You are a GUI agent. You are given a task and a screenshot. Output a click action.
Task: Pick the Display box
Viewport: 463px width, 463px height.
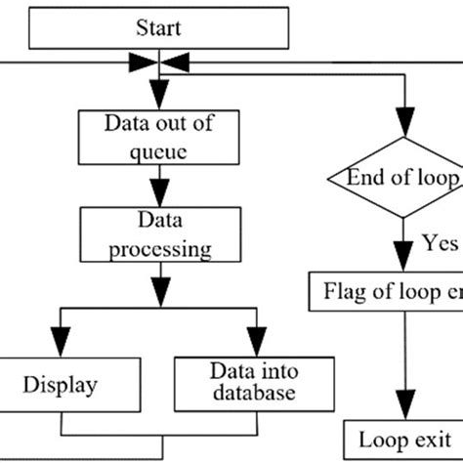pos(61,385)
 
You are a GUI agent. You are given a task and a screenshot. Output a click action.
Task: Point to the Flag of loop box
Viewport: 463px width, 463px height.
pos(386,290)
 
